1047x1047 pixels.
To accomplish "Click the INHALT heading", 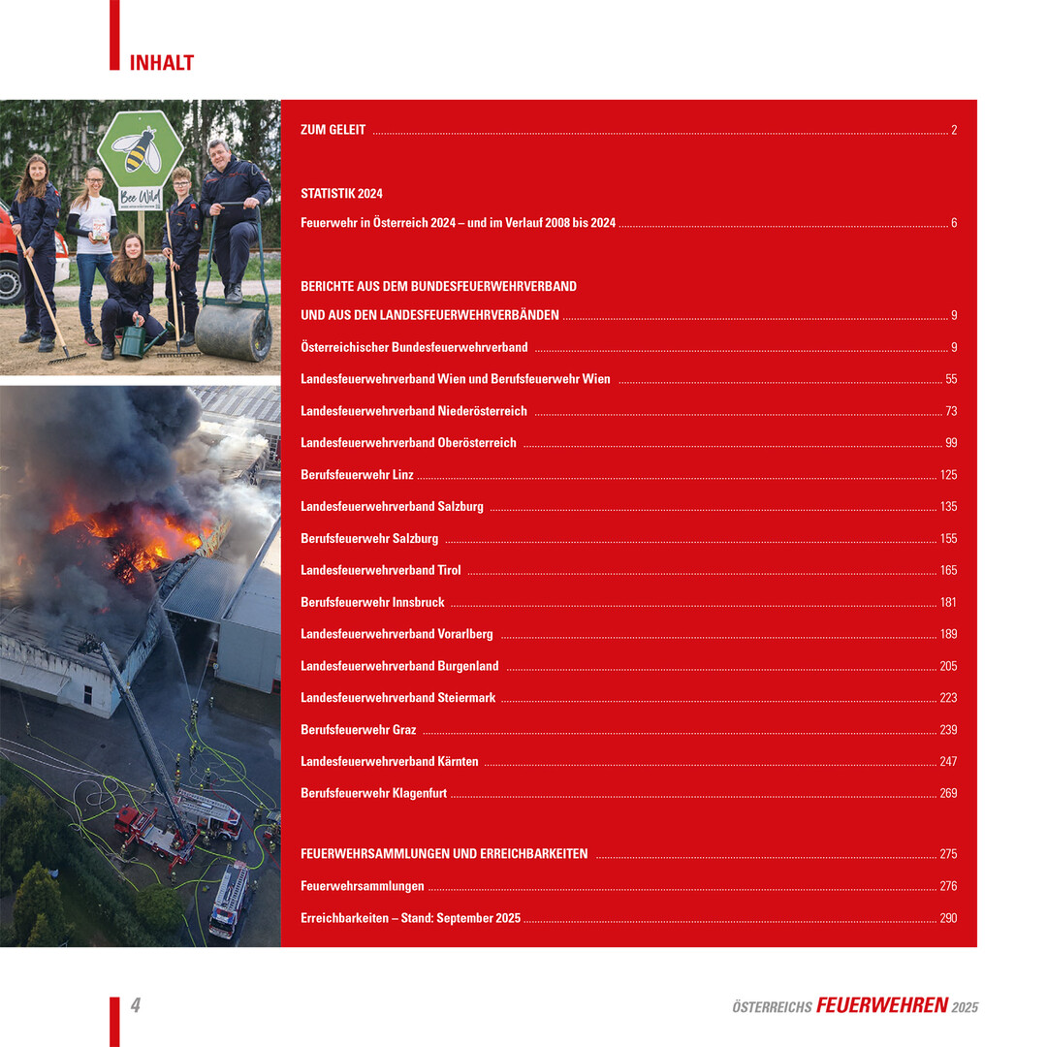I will [162, 63].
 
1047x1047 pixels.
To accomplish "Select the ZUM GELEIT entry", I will [333, 130].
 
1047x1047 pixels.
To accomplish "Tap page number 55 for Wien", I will [950, 379].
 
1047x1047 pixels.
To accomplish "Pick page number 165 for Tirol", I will [948, 571].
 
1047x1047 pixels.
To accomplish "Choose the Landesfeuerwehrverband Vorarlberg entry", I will [397, 635].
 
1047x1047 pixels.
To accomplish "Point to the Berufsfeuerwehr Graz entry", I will [359, 730].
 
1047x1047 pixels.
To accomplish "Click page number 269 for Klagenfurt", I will [948, 794].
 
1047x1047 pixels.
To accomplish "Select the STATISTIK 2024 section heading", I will [341, 194].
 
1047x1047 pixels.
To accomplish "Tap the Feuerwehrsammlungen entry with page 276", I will [363, 886].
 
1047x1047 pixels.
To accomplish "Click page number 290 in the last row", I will [948, 918].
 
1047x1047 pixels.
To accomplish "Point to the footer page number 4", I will [136, 1006].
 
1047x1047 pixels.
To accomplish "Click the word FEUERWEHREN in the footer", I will [881, 1005].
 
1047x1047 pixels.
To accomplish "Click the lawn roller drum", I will [233, 333].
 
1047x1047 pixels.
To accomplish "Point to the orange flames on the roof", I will [145, 538].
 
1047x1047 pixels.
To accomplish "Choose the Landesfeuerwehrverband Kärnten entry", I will [390, 762].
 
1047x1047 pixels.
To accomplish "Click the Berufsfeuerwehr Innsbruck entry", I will [372, 603].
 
